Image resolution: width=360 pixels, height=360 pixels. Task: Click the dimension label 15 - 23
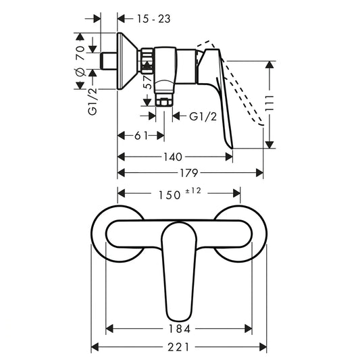click(153, 19)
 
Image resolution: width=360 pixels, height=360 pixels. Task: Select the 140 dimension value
click(173, 157)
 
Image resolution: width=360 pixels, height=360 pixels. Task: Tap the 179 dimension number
click(188, 173)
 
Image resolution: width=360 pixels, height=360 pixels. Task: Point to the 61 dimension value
click(141, 136)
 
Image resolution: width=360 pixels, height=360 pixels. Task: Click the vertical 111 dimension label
click(269, 103)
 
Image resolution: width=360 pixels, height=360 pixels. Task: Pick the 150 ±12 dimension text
click(180, 194)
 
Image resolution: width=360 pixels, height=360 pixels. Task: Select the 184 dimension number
click(180, 329)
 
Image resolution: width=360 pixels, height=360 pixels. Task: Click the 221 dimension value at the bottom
click(178, 346)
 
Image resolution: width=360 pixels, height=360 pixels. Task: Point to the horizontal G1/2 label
click(203, 117)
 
